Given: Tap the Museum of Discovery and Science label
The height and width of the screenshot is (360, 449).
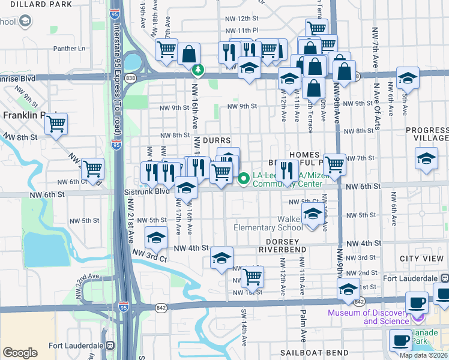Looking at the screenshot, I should point(369,316).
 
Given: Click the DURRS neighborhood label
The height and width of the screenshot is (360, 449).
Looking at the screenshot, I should point(217,140).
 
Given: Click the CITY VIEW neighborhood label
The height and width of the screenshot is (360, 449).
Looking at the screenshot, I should point(424,258).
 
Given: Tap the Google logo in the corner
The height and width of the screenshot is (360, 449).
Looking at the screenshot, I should point(20,352).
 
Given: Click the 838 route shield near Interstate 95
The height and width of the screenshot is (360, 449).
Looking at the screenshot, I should point(130,78).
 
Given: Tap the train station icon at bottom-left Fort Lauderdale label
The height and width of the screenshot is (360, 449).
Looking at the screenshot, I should point(110,346).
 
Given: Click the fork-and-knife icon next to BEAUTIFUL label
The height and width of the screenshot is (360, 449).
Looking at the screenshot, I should point(288,170).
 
